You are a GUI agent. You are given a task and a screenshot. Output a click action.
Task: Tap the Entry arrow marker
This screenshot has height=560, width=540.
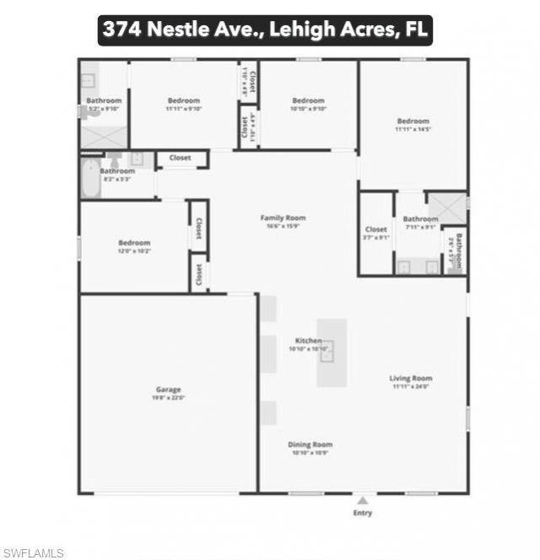[362, 500]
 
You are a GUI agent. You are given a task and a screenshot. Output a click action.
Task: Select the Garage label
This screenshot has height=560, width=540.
[168, 390]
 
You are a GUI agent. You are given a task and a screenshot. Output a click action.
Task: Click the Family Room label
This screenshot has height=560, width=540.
[282, 218]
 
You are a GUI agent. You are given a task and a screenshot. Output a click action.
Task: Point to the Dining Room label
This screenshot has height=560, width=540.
[311, 444]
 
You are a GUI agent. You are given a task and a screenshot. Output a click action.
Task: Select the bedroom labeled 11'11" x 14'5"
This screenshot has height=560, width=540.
[413, 121]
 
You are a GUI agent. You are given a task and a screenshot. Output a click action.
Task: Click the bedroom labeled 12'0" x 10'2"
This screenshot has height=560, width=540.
[134, 244]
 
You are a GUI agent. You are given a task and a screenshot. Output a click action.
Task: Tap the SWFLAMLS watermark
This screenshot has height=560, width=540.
[32, 552]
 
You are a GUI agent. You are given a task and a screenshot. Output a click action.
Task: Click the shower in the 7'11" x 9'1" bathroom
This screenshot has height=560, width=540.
[445, 207]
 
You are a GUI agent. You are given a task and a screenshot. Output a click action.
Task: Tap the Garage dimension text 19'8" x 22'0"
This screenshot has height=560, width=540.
[168, 397]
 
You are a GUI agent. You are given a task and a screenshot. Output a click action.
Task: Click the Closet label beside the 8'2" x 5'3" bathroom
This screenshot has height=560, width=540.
[180, 158]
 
